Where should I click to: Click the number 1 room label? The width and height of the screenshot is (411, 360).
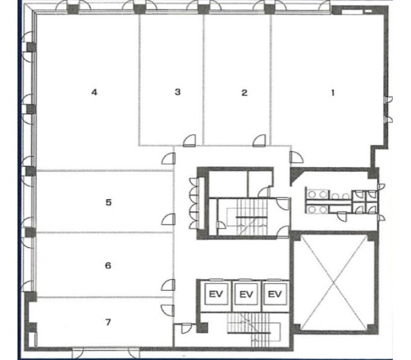point(333,93)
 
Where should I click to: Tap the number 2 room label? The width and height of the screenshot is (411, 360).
point(244,93)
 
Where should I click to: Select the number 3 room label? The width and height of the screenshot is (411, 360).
point(177,92)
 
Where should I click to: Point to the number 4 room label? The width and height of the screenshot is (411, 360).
point(94,92)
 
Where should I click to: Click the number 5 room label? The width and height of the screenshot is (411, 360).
point(109,203)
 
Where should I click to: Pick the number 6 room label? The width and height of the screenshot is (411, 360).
point(108,266)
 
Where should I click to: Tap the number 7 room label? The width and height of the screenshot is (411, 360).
point(108,322)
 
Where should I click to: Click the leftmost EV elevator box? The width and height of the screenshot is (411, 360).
point(215,294)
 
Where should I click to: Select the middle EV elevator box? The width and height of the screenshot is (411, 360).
point(246,294)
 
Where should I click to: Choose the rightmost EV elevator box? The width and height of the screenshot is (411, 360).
point(275,294)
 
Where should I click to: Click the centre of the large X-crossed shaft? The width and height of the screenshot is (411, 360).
point(334,283)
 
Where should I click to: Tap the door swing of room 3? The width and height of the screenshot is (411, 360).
point(190,141)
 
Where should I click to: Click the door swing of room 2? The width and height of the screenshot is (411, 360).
point(260,141)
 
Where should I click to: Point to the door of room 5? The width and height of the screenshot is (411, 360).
point(168,219)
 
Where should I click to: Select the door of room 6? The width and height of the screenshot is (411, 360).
point(168,285)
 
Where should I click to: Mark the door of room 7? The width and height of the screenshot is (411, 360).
point(168,311)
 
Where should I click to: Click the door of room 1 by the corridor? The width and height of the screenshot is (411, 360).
point(296,157)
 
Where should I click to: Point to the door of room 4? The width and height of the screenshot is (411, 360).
point(168,159)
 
